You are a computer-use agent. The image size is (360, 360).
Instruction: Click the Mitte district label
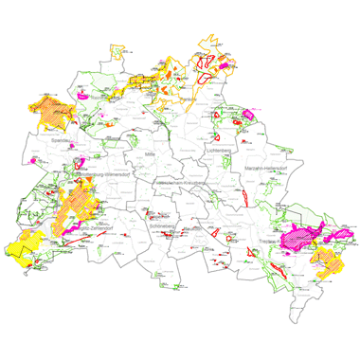tap(147, 153)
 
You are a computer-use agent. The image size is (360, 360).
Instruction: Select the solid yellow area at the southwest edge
tap(28, 243)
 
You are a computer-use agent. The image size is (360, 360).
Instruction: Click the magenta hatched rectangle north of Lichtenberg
tap(249, 115)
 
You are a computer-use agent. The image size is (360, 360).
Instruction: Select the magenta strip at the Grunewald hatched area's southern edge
tap(67, 228)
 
